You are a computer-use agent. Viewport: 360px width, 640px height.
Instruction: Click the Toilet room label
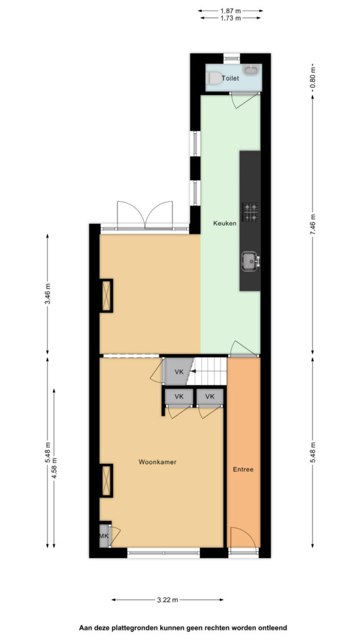point(230,78)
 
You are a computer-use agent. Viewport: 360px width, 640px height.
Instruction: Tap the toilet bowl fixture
point(214,78)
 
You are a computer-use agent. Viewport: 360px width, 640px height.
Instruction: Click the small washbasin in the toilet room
point(251,70)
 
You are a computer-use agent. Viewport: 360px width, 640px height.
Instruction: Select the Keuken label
point(224,223)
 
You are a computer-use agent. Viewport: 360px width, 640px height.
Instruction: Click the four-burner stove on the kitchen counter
point(250,212)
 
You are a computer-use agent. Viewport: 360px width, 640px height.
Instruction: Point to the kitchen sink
point(250,262)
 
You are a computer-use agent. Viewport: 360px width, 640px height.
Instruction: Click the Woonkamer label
point(157,462)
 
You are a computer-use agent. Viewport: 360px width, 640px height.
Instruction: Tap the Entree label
point(243,469)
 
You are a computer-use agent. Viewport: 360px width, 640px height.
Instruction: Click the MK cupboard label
point(104,536)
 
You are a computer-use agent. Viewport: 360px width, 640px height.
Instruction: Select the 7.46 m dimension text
point(312,224)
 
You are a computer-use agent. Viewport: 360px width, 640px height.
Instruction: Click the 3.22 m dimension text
point(167,599)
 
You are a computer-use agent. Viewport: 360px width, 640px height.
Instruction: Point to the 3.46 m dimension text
point(47,294)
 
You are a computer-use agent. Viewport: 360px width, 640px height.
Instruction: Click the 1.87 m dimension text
point(231,11)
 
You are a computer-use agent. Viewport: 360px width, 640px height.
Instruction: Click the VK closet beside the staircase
point(178,372)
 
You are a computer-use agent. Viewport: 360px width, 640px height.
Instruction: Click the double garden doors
point(145,214)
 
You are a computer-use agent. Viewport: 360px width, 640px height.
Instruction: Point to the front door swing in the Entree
point(244,537)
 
